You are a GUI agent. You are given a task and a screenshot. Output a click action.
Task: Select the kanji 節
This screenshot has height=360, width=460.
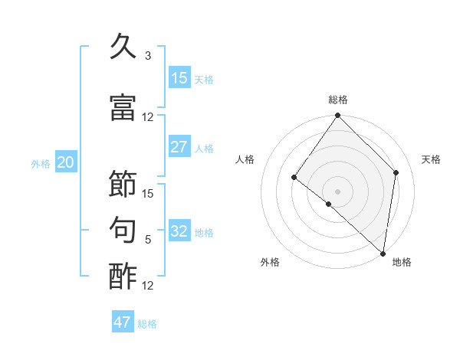pos(123,185)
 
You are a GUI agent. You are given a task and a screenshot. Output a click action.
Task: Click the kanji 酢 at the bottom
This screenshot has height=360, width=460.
pos(123,277)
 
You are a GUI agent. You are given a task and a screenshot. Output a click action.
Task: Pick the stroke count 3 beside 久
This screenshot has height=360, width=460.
pos(148,56)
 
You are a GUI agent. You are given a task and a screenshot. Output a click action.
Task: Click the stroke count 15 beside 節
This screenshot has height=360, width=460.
pos(149,194)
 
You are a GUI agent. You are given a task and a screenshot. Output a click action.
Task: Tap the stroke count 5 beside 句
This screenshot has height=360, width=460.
pos(148,240)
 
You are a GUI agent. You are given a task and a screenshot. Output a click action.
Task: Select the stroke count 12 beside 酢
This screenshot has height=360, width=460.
pos(149,286)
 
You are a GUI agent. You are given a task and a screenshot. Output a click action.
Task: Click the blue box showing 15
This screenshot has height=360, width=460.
pos(179,78)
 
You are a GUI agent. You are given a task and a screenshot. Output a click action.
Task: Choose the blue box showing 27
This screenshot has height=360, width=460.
pos(179,147)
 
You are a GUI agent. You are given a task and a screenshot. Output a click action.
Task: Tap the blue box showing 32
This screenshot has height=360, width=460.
pos(179,231)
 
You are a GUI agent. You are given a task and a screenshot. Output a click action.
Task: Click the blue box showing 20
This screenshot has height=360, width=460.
pos(66,162)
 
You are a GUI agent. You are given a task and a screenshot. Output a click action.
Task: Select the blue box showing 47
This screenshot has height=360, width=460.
pos(123,322)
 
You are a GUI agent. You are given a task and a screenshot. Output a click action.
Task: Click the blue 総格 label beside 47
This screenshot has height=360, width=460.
pos(147,324)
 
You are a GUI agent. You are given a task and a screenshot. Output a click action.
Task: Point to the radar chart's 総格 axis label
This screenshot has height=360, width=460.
pos(337,100)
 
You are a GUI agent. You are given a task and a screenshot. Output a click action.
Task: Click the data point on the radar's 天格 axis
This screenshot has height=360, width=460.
pos(396,172)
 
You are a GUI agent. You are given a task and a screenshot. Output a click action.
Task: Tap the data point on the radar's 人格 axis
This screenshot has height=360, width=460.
pos(294,178)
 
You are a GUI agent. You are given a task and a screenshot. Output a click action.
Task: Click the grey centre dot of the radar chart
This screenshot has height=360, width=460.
pos(337,191)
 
